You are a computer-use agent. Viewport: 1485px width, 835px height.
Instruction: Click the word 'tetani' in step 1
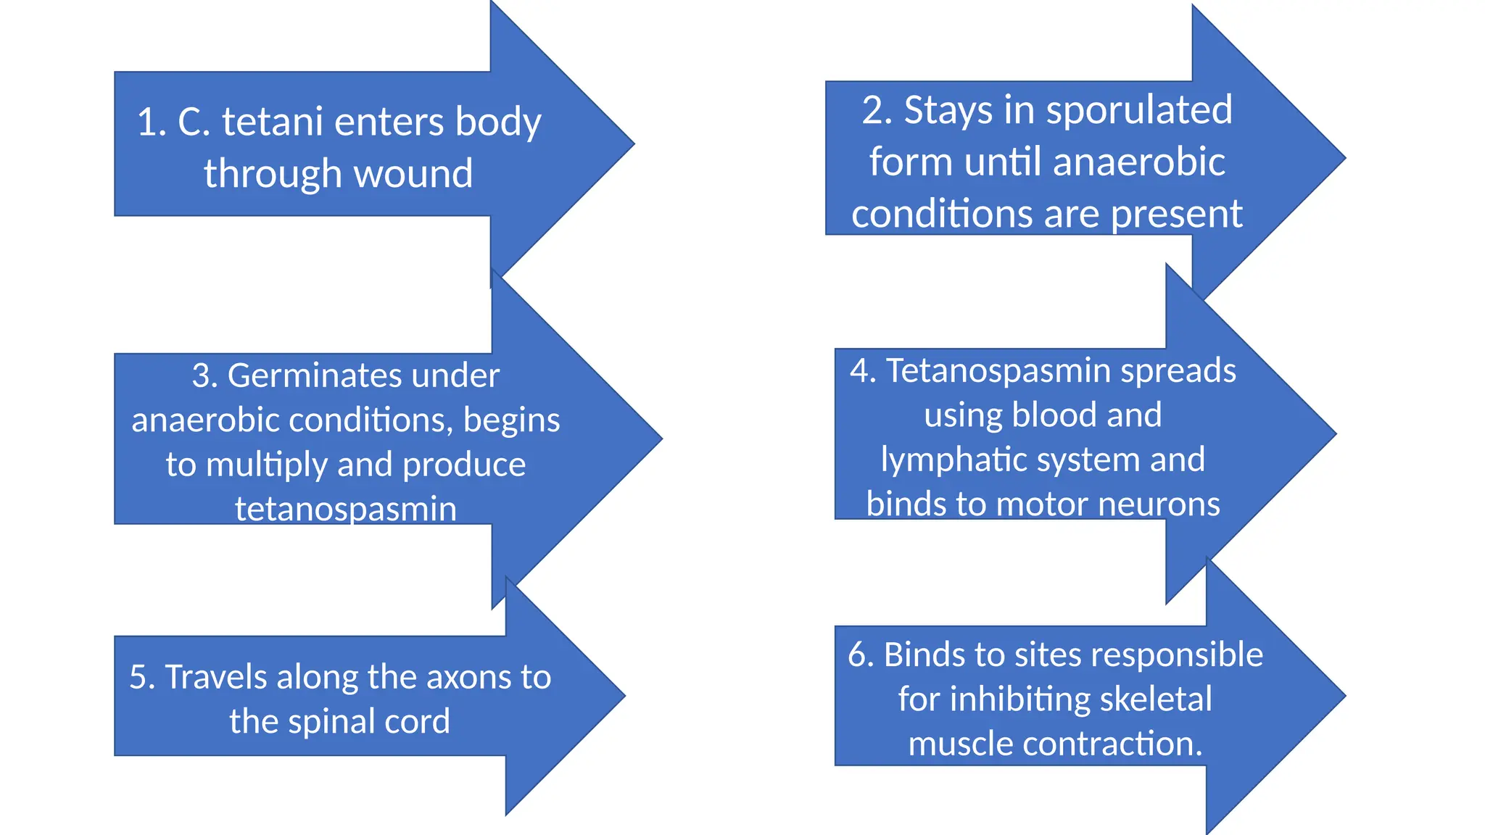272,121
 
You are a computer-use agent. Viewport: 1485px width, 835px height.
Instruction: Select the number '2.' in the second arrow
877,110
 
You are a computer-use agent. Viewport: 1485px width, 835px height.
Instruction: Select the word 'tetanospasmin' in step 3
346,508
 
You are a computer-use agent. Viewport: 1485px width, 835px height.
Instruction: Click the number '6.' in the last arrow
861,655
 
